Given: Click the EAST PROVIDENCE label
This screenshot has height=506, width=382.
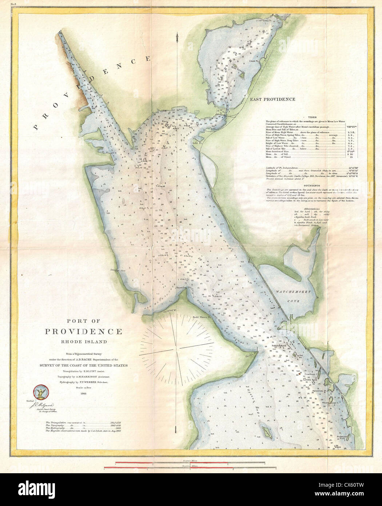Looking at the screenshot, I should point(272,99).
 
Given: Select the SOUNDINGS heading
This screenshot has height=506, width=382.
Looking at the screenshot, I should point(311,186).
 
